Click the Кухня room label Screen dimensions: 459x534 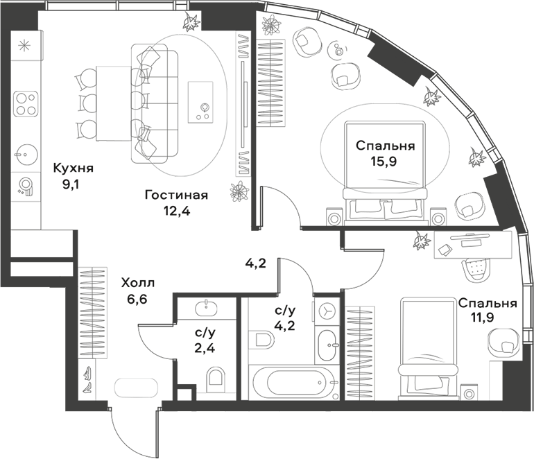pos(73,168)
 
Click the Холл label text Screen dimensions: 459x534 pos(137,283)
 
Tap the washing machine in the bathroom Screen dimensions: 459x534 pos(325,311)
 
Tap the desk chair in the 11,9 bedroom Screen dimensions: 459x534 pos(476,266)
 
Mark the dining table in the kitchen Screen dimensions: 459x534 pos(112,103)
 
